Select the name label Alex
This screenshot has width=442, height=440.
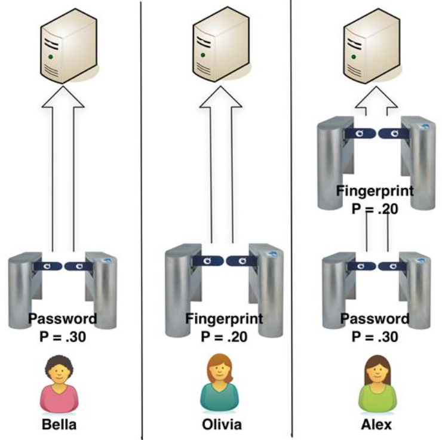coord(377,425)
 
